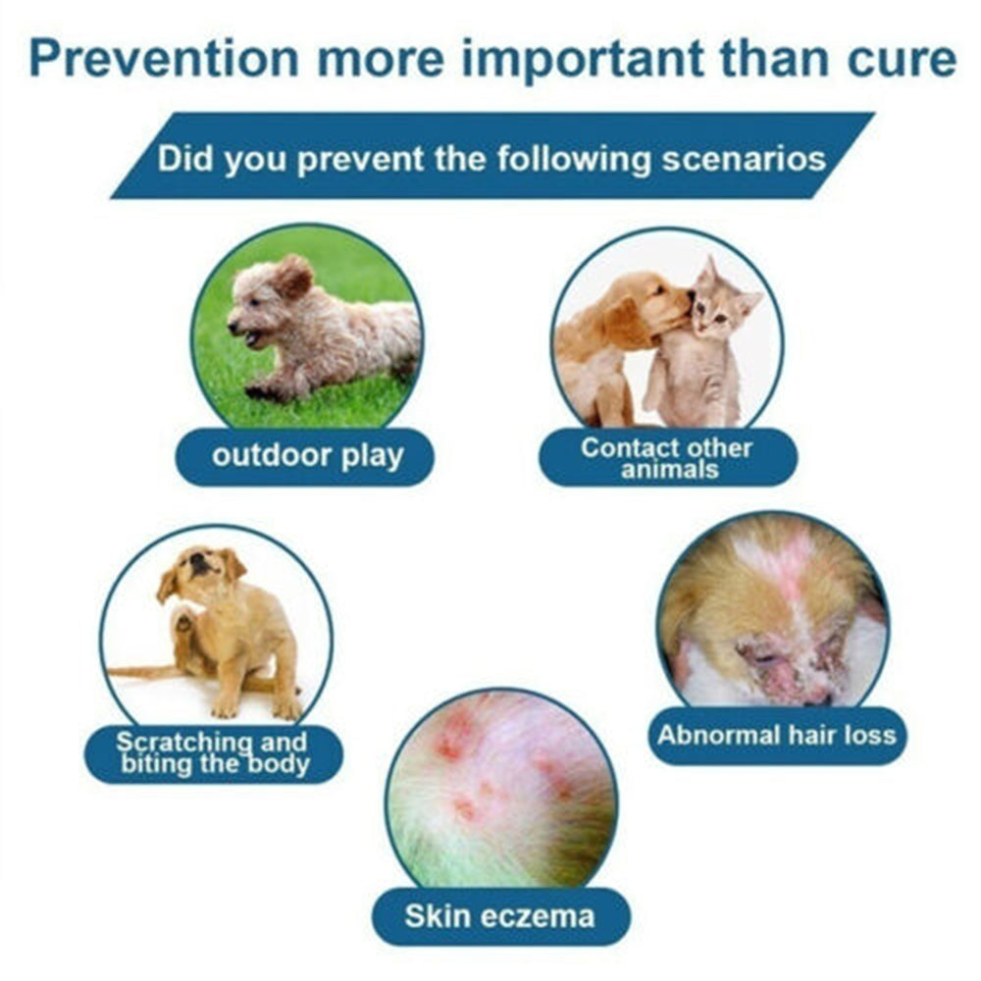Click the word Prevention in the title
[164, 59]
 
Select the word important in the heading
[583, 61]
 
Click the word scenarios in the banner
[744, 159]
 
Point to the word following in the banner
[574, 160]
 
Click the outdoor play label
[307, 456]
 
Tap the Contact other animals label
[667, 458]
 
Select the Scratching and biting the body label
[213, 753]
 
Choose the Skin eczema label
[499, 916]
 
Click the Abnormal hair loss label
[776, 735]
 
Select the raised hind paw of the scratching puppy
[183, 623]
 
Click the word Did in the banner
[184, 158]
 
